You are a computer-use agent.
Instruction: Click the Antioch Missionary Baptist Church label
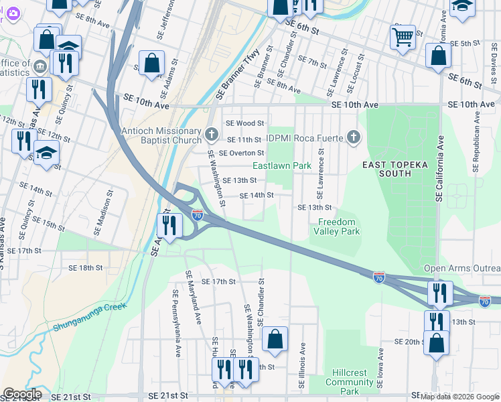coord(161,135)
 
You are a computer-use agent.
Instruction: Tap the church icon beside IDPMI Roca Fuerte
coord(354,138)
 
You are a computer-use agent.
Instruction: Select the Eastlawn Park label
coord(282,165)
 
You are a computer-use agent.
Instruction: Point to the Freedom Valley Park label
coord(337,226)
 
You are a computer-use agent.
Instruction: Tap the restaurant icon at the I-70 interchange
coord(169,226)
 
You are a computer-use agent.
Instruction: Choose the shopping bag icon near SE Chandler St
coord(275,340)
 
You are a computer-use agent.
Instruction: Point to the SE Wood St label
coord(244,123)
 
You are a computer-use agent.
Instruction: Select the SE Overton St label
coord(241,153)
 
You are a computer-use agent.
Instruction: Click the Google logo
coord(21,394)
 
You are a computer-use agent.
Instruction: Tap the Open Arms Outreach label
coord(461,269)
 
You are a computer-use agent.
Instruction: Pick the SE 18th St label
coord(86,267)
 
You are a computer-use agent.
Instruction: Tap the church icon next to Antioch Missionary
coord(211,135)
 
